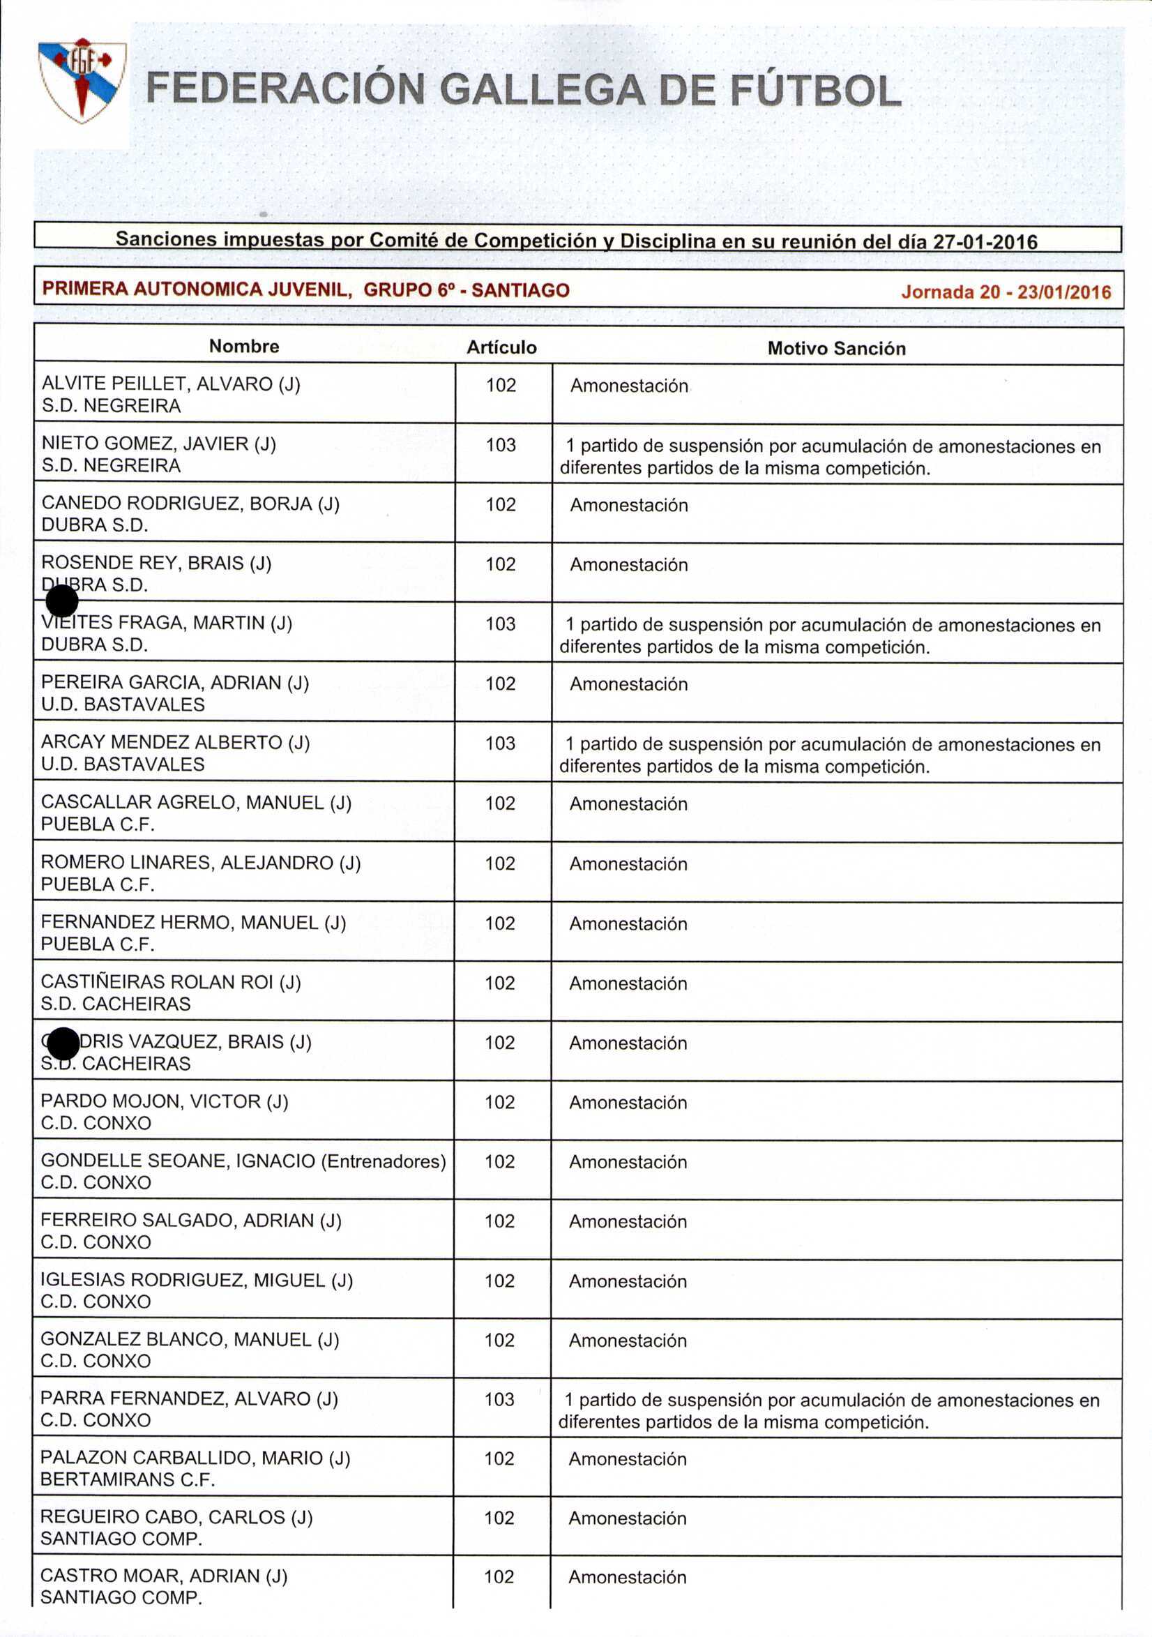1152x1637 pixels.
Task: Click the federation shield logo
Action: pyautogui.click(x=82, y=81)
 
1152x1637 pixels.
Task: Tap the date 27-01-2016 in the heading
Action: pyautogui.click(x=985, y=242)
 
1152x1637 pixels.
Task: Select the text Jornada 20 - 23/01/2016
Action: pyautogui.click(x=1006, y=292)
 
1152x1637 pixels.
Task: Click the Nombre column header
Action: pyautogui.click(x=244, y=347)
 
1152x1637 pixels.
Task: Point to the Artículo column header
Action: pyautogui.click(x=501, y=347)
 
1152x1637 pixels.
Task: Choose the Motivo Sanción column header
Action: pyautogui.click(x=836, y=349)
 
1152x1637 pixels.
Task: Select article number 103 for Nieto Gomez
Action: pyautogui.click(x=501, y=446)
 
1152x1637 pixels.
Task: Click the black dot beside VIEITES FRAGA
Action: pyautogui.click(x=62, y=601)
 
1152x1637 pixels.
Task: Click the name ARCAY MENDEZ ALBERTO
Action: pyautogui.click(x=161, y=742)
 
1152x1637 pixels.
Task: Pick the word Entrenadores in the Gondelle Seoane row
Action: pyautogui.click(x=384, y=1161)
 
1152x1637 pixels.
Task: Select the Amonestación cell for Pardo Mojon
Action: pyautogui.click(x=628, y=1102)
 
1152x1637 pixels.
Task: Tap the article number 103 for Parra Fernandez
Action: pyautogui.click(x=499, y=1399)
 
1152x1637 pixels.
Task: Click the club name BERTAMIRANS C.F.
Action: pyautogui.click(x=128, y=1479)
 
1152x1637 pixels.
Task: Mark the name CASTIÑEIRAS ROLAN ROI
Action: pyautogui.click(x=157, y=982)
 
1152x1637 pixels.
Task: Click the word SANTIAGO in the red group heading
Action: pyautogui.click(x=520, y=290)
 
